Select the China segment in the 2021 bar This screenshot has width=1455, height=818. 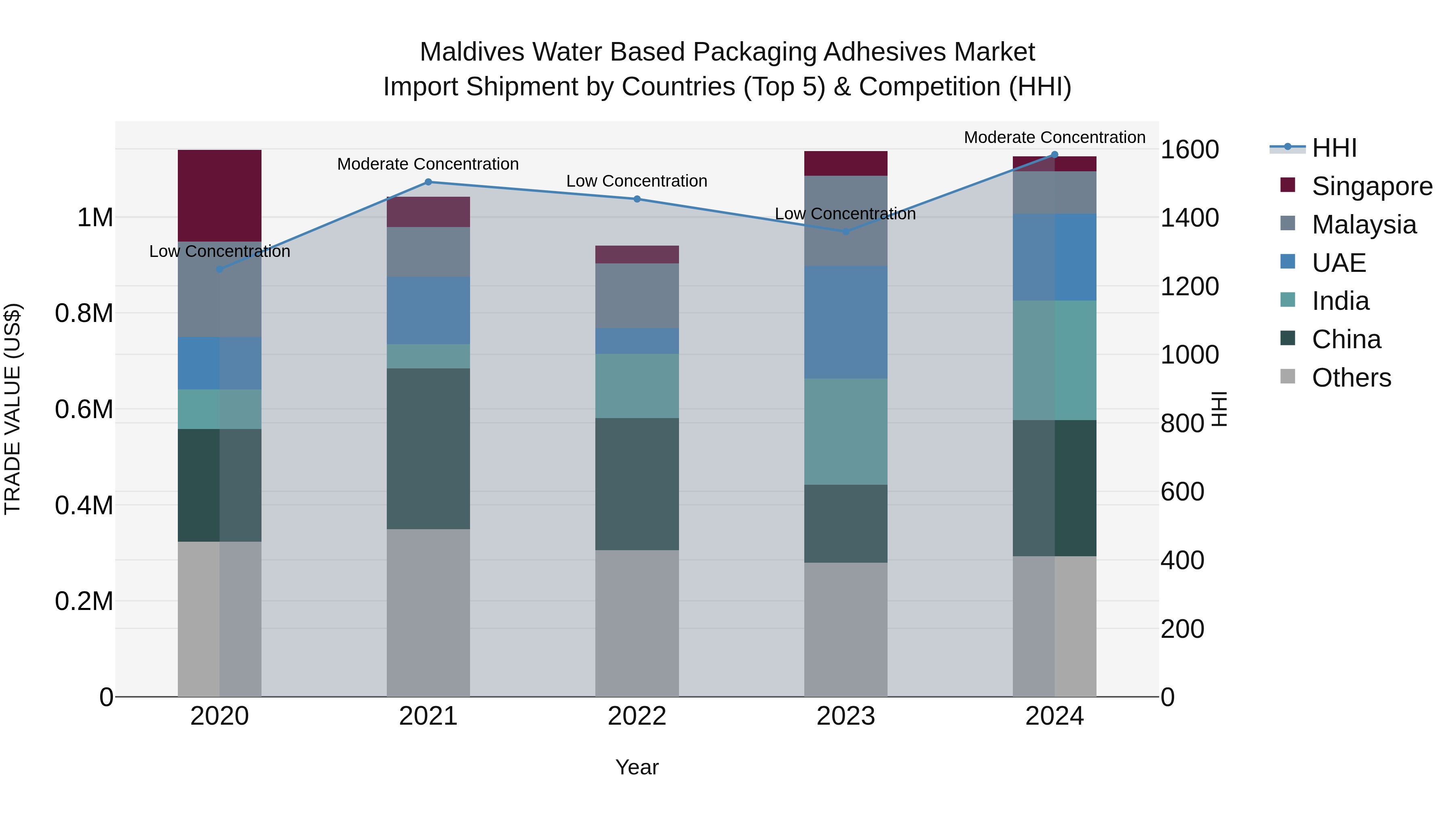point(428,448)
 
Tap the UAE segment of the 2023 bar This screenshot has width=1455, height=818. point(845,322)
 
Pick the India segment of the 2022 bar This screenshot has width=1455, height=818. point(637,386)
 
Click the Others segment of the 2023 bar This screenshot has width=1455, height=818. point(845,629)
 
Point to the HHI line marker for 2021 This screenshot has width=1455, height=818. point(428,182)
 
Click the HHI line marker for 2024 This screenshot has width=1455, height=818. point(1054,155)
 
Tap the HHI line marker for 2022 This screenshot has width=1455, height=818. point(637,199)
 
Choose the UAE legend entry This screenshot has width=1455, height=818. point(1338,263)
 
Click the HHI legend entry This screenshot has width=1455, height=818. point(1334,148)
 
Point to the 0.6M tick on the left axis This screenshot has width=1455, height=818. point(84,409)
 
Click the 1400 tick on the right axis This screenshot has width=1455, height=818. point(1189,218)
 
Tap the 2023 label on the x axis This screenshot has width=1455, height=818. point(845,716)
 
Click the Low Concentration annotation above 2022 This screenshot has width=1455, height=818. point(637,181)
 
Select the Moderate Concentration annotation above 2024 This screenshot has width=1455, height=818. point(1054,137)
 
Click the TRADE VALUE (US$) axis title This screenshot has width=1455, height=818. point(13,409)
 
